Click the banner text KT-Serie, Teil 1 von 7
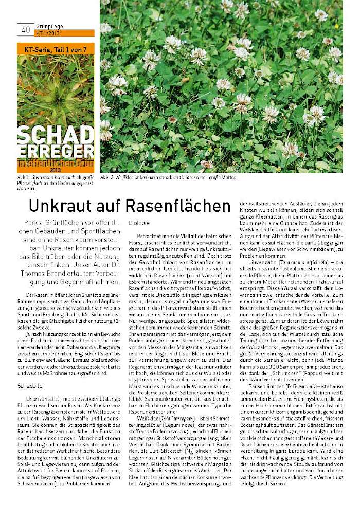click(56, 50)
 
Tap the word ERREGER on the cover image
click(56, 153)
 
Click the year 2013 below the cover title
click(56, 170)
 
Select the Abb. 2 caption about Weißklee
click(169, 178)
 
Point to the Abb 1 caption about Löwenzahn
click(56, 183)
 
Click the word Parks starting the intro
click(33, 222)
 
